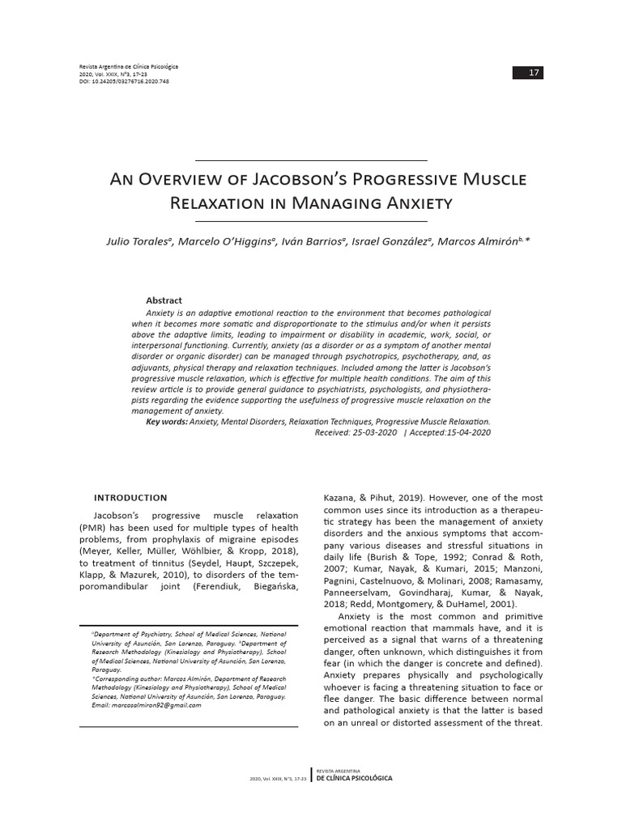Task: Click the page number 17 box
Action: (x=528, y=74)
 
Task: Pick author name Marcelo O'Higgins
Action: (x=228, y=242)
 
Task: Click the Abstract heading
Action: (x=164, y=300)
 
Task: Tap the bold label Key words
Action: (x=166, y=422)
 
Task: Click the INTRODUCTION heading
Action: (x=130, y=498)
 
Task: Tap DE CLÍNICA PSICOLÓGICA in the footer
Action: (x=354, y=778)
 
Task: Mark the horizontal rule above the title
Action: (x=311, y=160)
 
